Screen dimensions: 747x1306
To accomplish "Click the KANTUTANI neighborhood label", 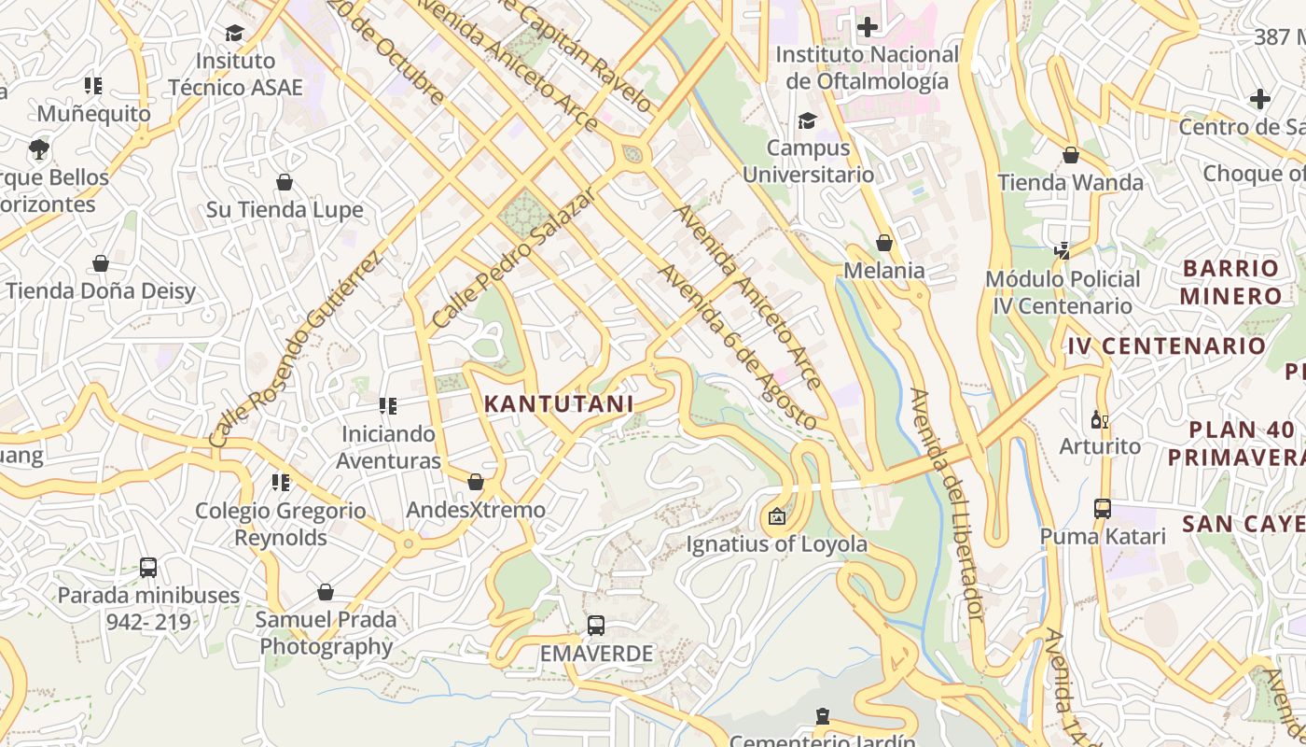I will pos(559,403).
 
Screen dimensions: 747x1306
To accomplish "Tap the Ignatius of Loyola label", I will pos(776,543).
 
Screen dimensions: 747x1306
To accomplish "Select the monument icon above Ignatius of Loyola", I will pos(776,515).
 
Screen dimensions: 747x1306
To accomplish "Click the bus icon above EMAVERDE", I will pos(596,626).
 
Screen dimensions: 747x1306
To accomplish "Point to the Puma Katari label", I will pos(1103,536).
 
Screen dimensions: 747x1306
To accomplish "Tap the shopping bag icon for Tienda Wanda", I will pos(1071,155).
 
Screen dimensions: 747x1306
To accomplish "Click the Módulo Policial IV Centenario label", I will pos(1063,292).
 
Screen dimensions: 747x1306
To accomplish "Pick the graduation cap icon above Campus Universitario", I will pos(807,121).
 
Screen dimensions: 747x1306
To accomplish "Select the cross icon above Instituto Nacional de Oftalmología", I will pos(867,27).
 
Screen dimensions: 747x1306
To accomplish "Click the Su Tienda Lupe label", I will pos(285,209).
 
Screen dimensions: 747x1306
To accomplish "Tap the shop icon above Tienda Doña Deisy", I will pos(101,264).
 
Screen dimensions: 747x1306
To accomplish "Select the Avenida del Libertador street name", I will pos(947,504).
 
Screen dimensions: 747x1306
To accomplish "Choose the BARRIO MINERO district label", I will pos(1230,282).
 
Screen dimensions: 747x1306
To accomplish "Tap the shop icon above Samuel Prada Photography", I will pos(326,592).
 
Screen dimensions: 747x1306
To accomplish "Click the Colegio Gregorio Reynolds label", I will pos(281,524).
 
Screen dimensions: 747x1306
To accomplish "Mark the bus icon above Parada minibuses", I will pos(148,568).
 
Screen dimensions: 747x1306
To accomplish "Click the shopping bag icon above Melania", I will pos(884,243).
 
